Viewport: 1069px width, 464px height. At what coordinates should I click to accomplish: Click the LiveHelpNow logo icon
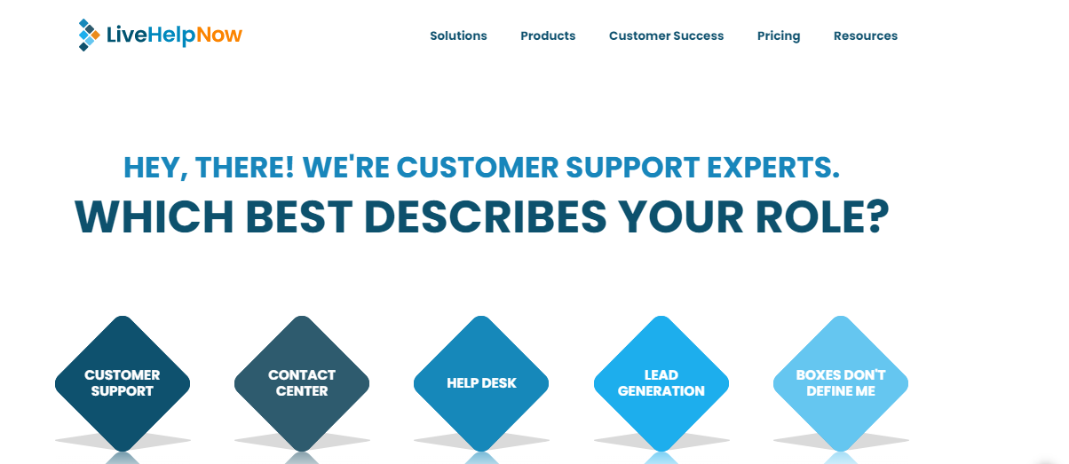pos(88,35)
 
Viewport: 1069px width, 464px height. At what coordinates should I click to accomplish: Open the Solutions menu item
pos(458,36)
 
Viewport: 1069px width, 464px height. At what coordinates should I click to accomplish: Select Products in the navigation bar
pos(548,36)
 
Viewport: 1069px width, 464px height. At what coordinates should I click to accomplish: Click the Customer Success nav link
pos(666,36)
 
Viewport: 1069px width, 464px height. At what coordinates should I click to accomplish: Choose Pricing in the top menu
pos(779,36)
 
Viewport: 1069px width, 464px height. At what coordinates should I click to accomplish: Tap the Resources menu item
pos(865,36)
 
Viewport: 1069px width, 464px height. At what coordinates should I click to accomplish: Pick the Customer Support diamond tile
pos(123,383)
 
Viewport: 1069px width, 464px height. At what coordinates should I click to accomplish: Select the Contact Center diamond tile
pos(302,383)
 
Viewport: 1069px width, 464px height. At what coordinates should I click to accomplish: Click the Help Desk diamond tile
pos(481,383)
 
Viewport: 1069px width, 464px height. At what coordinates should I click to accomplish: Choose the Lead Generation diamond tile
pos(661,383)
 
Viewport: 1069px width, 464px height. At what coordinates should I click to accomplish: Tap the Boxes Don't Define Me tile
pos(841,383)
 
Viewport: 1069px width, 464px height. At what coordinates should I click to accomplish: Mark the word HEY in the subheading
pos(152,167)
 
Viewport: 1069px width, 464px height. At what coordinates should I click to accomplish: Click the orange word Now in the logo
pos(219,35)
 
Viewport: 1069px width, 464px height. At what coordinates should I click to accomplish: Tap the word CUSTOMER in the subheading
pos(478,167)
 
